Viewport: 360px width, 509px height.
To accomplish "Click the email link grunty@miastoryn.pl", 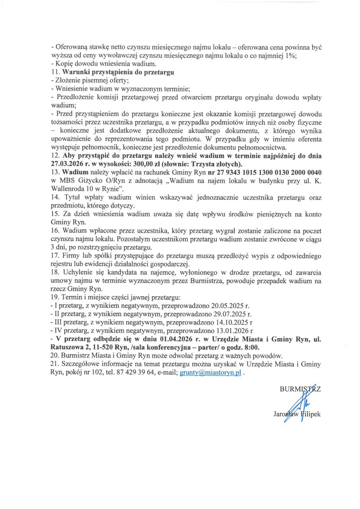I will tap(210, 374).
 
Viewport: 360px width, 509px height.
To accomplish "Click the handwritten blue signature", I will tap(294, 406).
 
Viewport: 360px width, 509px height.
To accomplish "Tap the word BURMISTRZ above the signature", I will tap(300, 389).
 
